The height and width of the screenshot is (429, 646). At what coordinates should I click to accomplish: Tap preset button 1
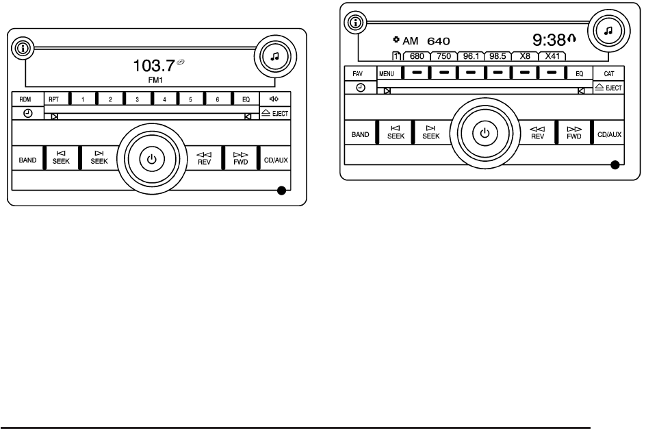coord(83,99)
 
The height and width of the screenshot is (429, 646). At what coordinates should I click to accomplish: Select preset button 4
coord(164,99)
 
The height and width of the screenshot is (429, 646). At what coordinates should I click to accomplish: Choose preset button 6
coord(217,99)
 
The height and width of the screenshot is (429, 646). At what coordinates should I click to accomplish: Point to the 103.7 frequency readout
coord(154,66)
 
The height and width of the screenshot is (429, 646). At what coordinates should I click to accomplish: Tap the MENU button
coord(387,72)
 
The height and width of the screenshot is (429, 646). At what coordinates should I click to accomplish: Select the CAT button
coord(608,72)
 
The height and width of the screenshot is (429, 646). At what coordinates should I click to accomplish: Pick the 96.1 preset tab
coord(471,57)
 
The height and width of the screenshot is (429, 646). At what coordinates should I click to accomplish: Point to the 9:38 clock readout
coord(552,40)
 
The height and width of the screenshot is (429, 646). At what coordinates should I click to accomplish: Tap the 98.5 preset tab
coord(498,57)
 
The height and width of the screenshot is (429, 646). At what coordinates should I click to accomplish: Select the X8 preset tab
coord(524,57)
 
